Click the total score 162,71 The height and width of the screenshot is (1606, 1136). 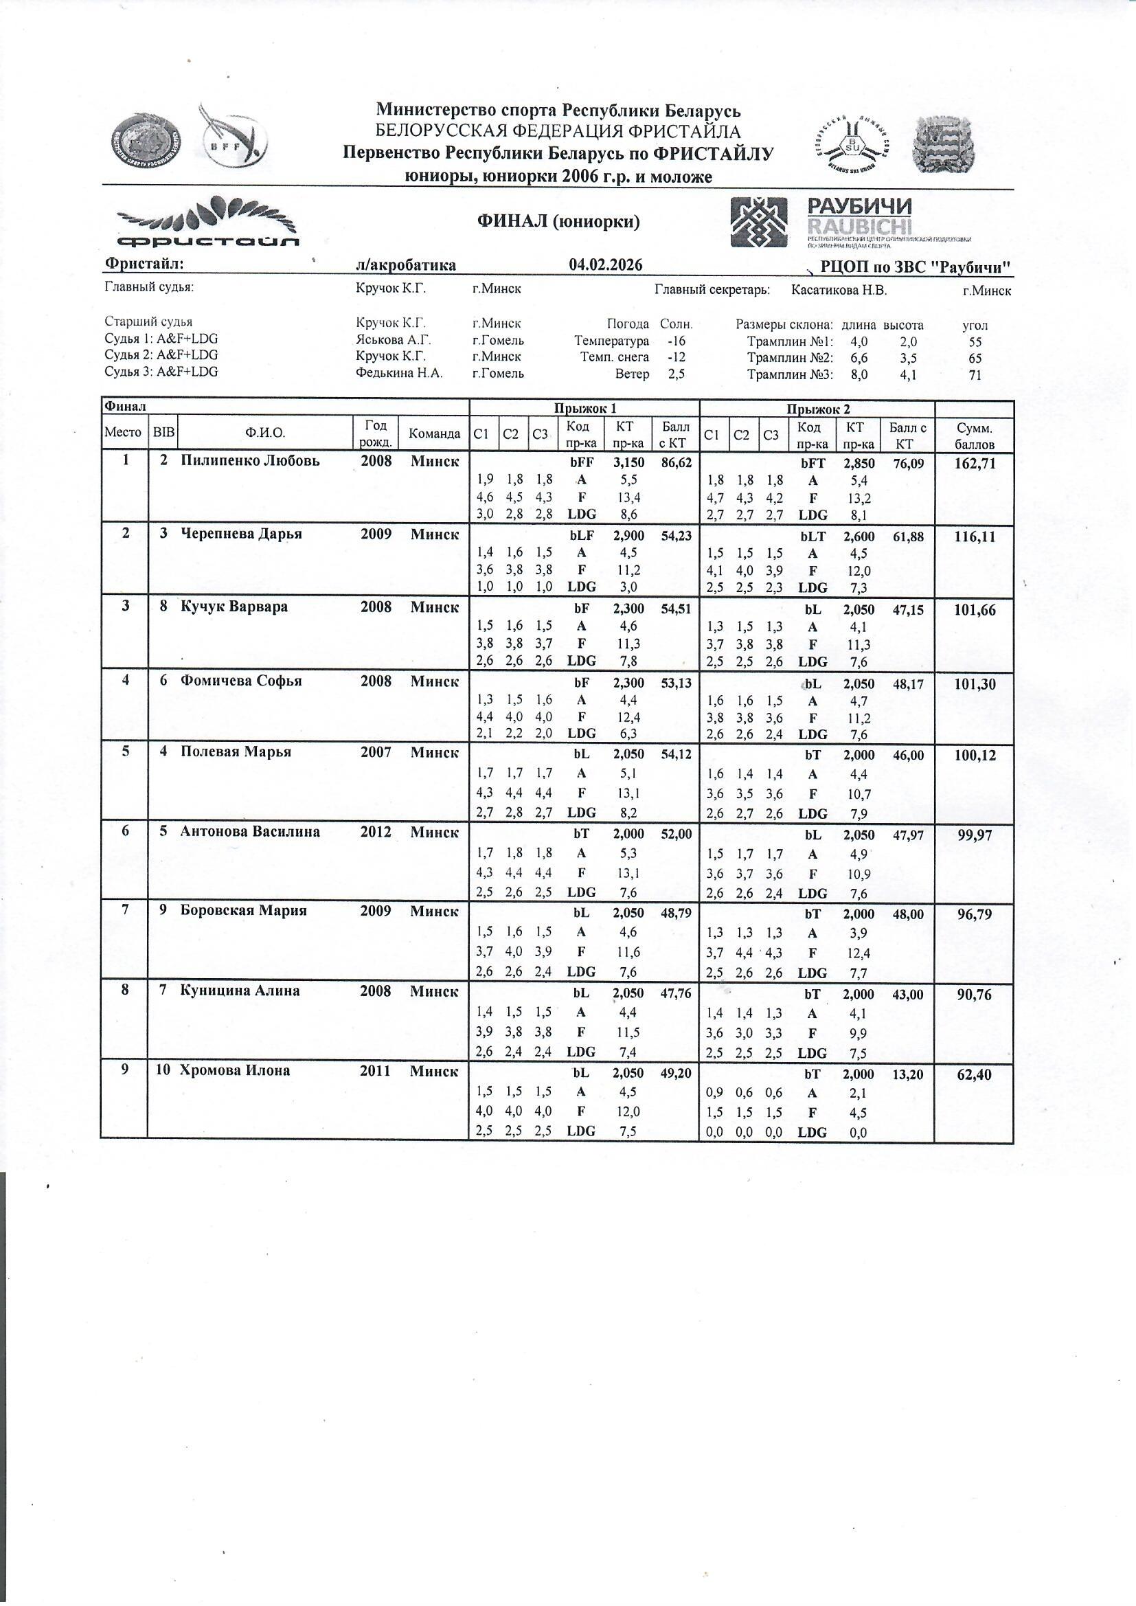pos(974,463)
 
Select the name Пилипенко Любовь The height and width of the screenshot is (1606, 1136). pos(250,461)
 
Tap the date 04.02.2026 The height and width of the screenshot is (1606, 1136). pos(606,264)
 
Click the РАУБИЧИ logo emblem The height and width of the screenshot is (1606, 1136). pos(758,222)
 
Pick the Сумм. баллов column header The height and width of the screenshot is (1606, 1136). pos(974,436)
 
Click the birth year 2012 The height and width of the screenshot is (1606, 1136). pos(376,832)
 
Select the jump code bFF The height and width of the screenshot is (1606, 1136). pos(581,463)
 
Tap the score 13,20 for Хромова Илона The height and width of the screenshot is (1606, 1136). pos(907,1074)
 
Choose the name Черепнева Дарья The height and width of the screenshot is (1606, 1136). pos(241,534)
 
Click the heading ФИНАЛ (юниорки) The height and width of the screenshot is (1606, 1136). pos(558,223)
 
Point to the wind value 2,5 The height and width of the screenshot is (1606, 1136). pos(676,374)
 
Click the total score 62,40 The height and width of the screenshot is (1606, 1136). pos(974,1074)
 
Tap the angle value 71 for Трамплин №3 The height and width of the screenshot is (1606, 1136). pos(975,375)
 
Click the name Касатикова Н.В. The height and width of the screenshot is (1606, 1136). pos(839,291)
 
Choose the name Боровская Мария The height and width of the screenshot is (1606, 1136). pos(243,911)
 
